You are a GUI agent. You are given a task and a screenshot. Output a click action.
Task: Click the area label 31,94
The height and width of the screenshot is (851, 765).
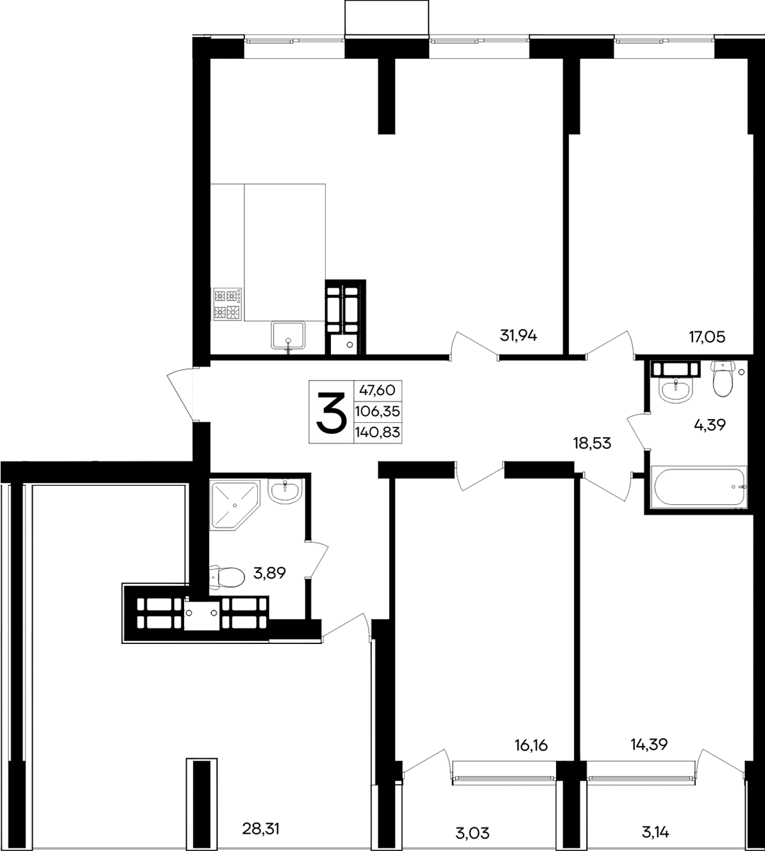tap(517, 335)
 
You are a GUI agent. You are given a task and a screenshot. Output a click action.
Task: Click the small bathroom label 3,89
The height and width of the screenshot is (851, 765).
tap(270, 574)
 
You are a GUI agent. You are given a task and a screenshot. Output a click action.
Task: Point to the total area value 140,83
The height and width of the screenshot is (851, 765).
tap(377, 433)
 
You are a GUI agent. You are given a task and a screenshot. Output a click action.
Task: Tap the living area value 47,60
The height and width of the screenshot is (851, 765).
tap(378, 390)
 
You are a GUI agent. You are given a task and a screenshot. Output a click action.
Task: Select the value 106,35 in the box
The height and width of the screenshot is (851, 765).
tap(377, 411)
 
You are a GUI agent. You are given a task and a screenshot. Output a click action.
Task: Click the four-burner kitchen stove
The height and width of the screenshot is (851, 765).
tap(228, 304)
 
